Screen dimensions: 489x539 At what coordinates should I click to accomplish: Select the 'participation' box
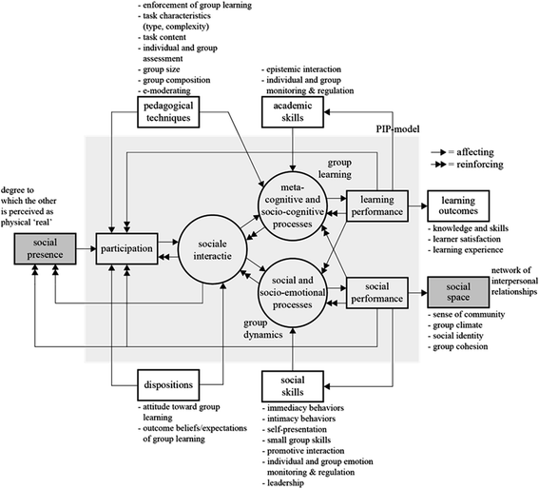point(127,249)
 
